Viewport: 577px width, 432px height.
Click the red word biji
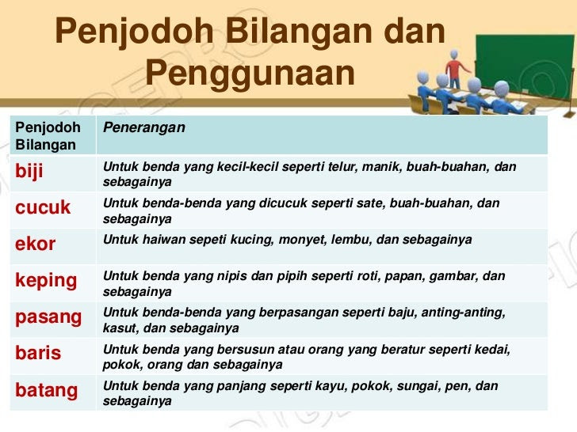(29, 172)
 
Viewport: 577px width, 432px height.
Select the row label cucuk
(43, 207)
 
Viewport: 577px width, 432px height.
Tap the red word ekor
(36, 244)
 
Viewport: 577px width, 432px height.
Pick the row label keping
(46, 282)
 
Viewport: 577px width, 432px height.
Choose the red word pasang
(48, 318)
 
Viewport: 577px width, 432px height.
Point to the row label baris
(38, 353)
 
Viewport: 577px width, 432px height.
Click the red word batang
(46, 391)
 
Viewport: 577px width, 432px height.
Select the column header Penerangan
(144, 127)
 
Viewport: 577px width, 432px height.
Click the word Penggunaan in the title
(250, 72)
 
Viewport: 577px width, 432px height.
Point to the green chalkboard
(525, 64)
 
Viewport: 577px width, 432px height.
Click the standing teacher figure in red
(456, 69)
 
